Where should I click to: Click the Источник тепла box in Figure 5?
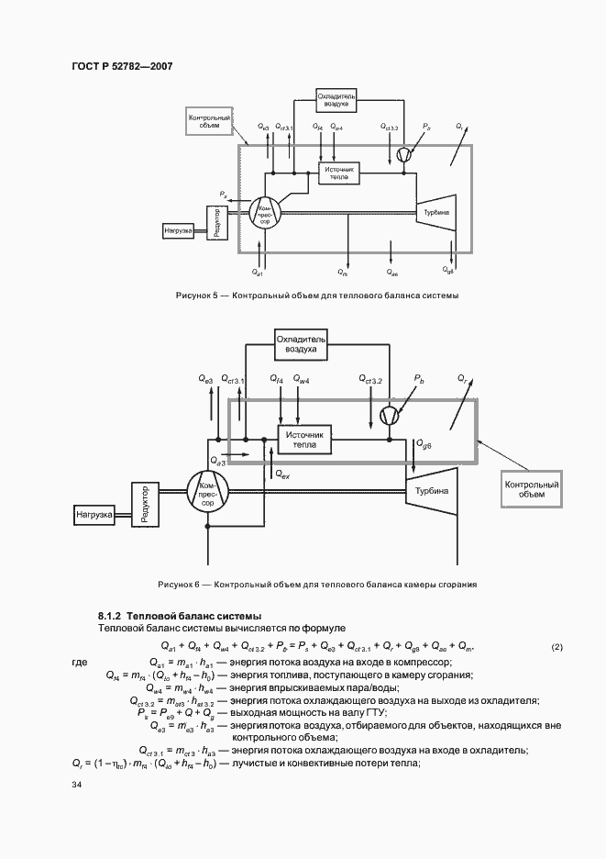pyautogui.click(x=339, y=173)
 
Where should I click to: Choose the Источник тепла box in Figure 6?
pyautogui.click(x=304, y=440)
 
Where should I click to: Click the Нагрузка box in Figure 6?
pyautogui.click(x=94, y=516)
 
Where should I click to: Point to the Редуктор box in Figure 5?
pyautogui.click(x=216, y=223)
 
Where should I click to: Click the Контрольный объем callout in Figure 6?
pyautogui.click(x=532, y=488)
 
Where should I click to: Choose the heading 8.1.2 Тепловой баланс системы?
pyautogui.click(x=180, y=615)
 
